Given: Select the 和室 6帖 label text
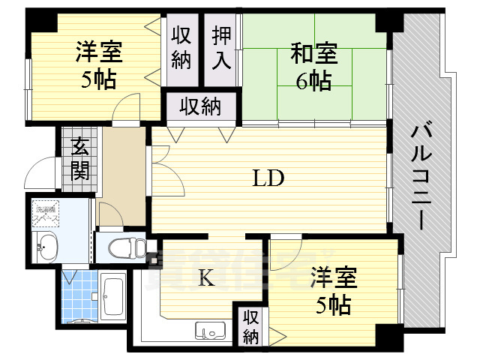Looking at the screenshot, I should [313, 67].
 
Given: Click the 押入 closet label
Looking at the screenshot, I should [221, 46].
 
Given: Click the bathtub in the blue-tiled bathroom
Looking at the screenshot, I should [115, 296].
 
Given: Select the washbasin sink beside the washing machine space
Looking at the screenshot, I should [47, 245].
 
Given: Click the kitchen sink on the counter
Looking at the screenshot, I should [211, 330].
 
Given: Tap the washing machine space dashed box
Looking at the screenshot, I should [46, 211].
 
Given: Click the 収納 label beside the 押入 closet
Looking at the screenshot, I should [181, 46].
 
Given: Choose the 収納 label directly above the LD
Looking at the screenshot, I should [200, 106].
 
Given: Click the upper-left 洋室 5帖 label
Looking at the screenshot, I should [98, 66].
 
